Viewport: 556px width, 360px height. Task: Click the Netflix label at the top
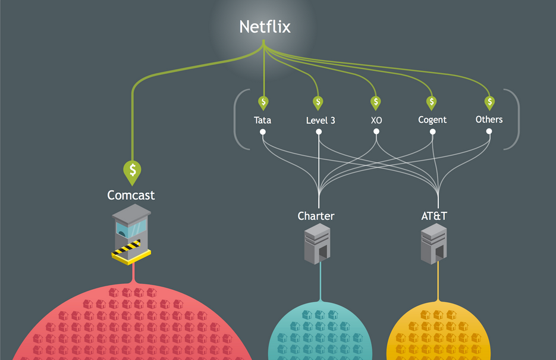[x=265, y=27]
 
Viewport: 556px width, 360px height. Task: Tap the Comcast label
[x=131, y=195]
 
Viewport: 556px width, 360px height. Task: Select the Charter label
[x=316, y=216]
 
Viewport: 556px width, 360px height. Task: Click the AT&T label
[x=434, y=216]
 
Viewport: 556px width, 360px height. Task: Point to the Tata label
[x=262, y=120]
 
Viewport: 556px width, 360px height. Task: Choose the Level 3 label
[x=321, y=120]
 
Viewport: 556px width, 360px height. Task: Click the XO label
[x=376, y=120]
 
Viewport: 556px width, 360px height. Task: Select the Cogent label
[x=432, y=120]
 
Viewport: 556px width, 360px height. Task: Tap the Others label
[x=489, y=120]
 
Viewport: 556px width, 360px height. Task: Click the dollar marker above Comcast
[x=132, y=170]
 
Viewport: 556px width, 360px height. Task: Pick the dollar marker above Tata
[x=263, y=102]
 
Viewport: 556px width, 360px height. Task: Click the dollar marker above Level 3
[x=318, y=102]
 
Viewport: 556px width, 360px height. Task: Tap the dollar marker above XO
[x=376, y=102]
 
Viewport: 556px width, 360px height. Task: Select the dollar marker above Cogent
[x=432, y=102]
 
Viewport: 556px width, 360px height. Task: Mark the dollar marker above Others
[x=489, y=102]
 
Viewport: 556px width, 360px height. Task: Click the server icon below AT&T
[x=434, y=245]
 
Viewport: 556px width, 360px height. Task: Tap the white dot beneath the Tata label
[x=262, y=132]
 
